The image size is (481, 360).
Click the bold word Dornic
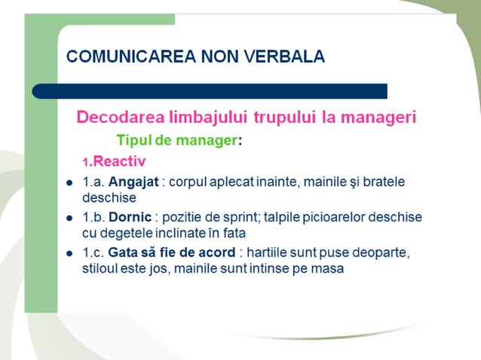point(131,218)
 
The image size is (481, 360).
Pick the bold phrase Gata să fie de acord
point(172,252)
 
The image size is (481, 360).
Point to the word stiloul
point(101,269)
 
